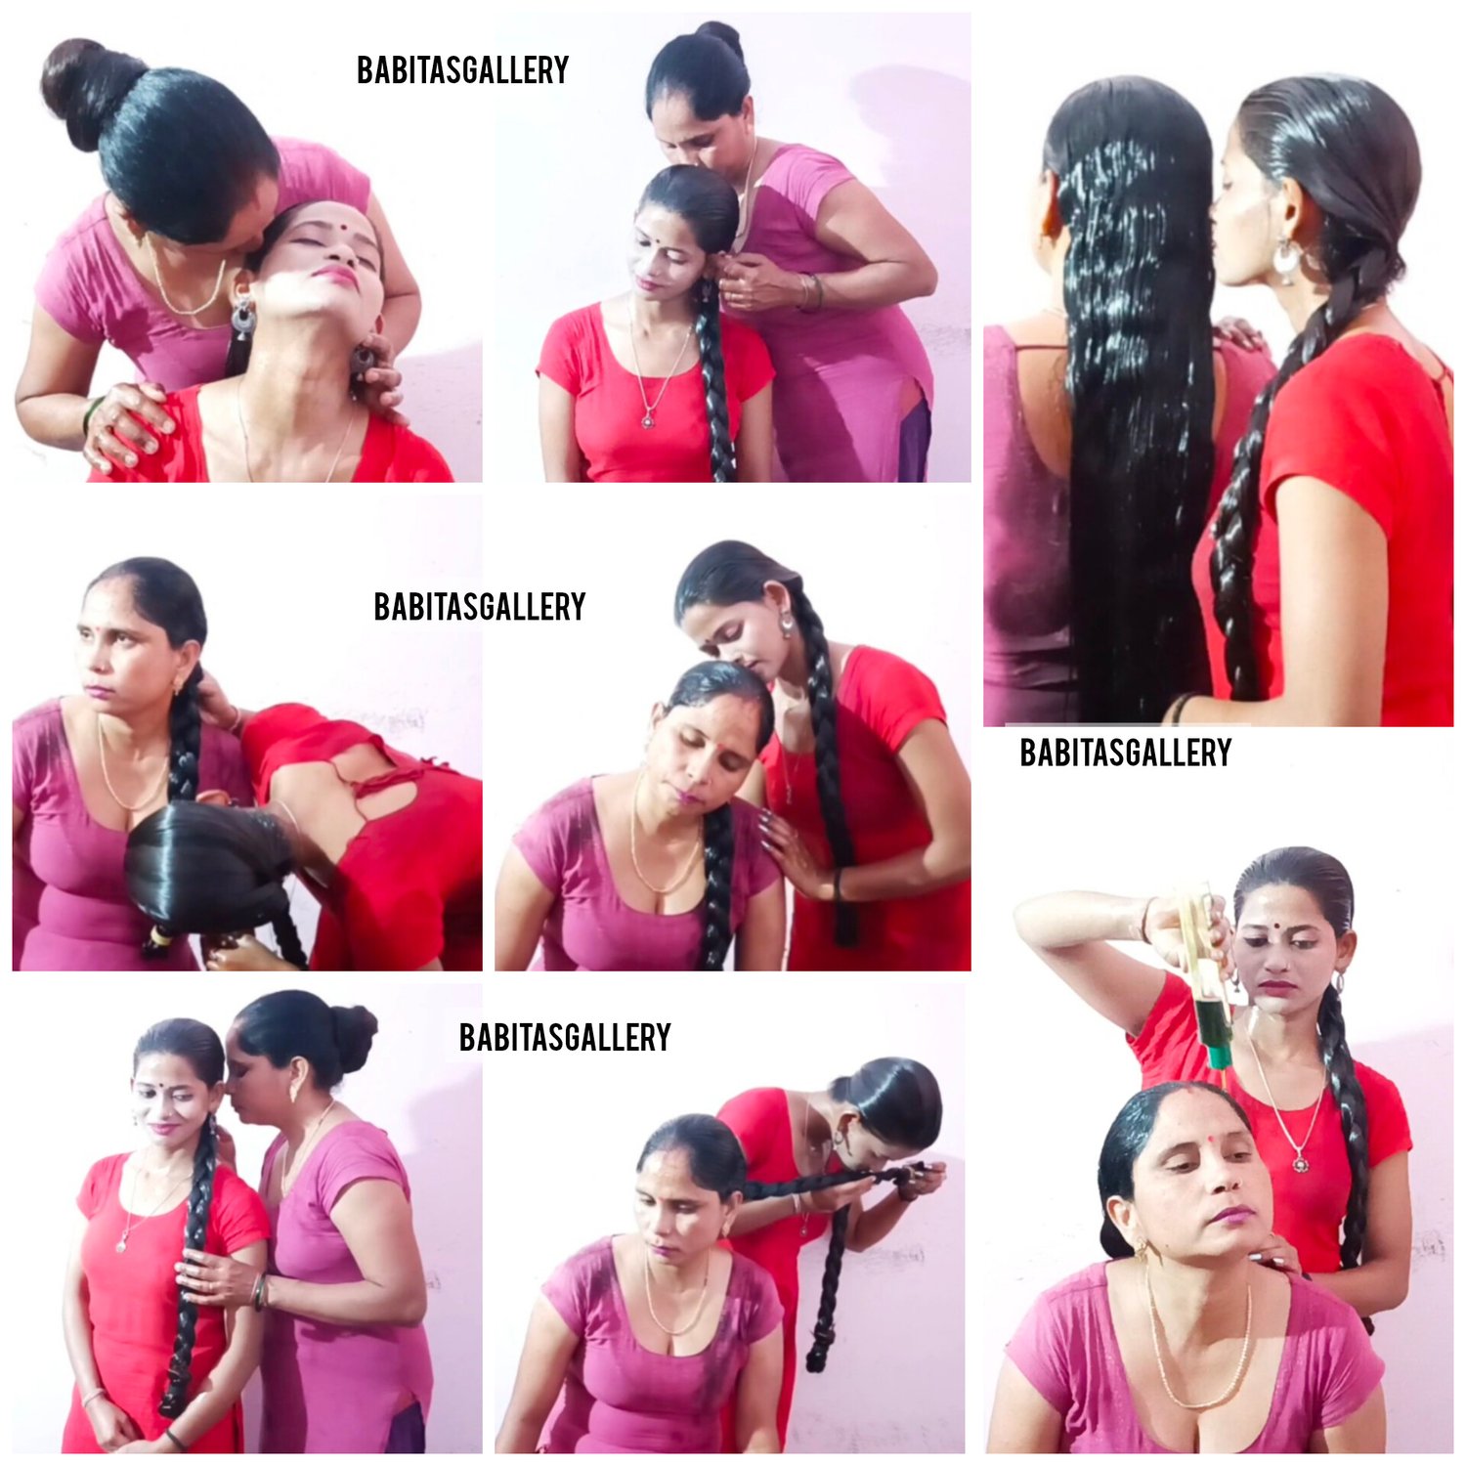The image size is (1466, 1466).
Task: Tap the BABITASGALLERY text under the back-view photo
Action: pyautogui.click(x=1125, y=753)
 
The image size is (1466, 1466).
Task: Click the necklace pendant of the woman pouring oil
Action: pyautogui.click(x=1299, y=1162)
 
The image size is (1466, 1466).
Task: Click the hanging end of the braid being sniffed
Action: pyautogui.click(x=819, y=1349)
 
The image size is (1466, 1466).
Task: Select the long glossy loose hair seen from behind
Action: pyautogui.click(x=1134, y=391)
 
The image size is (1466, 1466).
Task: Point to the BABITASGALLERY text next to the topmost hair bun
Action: pyautogui.click(x=462, y=69)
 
